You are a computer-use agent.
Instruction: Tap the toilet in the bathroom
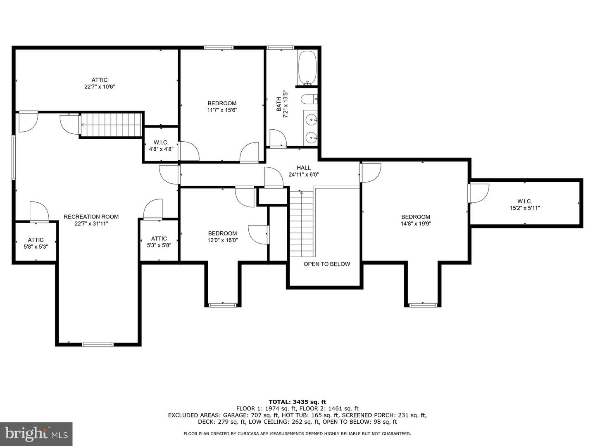click(309, 99)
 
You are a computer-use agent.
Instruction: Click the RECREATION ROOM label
click(91, 217)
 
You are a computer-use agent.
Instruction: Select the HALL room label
click(304, 168)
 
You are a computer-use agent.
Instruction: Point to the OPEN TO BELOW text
click(327, 264)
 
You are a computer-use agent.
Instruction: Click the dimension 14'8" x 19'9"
click(416, 224)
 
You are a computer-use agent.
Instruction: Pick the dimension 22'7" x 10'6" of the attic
click(100, 87)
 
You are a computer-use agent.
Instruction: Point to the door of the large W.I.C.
click(479, 193)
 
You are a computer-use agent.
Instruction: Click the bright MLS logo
click(36, 434)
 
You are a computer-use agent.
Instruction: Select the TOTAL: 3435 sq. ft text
click(297, 402)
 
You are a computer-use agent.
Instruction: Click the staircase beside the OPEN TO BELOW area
click(302, 224)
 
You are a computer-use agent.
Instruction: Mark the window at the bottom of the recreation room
click(98, 344)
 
